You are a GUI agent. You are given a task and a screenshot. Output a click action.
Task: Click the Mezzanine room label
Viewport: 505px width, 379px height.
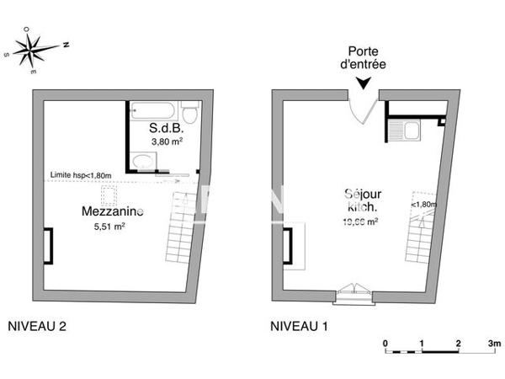(x=112, y=211)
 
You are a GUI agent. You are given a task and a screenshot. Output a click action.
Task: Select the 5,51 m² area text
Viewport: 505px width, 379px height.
(x=109, y=226)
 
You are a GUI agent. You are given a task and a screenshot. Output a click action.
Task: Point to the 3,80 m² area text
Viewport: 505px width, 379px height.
(x=167, y=141)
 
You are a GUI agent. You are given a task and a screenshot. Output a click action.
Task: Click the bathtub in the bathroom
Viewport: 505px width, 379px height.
(x=152, y=109)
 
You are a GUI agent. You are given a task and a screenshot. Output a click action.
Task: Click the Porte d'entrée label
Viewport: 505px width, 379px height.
(x=363, y=57)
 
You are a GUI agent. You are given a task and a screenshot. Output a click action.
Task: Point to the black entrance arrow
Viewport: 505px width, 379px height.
(x=363, y=83)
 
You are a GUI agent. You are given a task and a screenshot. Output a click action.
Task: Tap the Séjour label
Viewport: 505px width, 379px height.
(x=363, y=194)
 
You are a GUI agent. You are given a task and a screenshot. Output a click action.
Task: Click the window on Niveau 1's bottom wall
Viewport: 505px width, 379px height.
(x=353, y=294)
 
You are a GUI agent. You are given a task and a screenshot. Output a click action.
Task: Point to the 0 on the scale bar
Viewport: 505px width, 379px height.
(x=385, y=343)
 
